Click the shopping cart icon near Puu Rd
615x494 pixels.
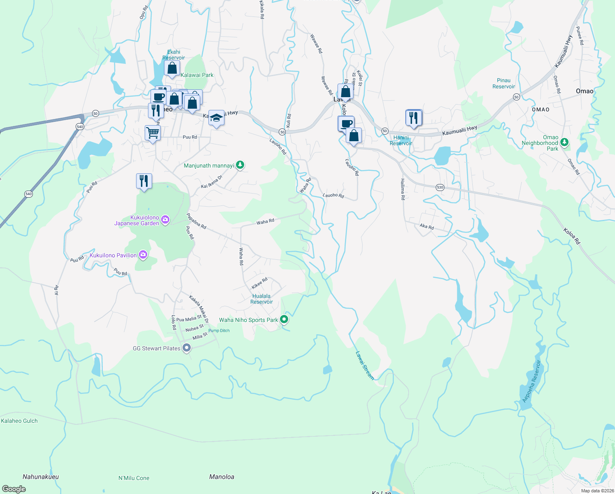coord(153,133)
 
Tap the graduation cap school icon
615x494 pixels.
coord(216,118)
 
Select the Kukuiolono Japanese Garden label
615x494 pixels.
coord(137,220)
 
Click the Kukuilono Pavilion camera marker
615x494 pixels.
coord(143,255)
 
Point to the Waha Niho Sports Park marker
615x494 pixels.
coord(284,319)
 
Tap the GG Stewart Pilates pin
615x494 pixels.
coord(187,348)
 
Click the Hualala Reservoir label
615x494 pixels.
coord(261,299)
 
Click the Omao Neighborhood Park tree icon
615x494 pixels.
coord(564,142)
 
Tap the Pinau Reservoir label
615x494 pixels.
coord(504,84)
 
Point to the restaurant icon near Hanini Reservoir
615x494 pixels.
coord(414,118)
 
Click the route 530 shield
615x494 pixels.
coord(440,187)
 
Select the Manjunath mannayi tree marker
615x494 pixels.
coord(240,165)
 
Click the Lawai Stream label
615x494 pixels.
coord(365,365)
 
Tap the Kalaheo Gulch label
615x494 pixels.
coord(19,421)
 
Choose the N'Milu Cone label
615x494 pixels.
coord(134,478)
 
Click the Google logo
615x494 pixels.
coord(14,489)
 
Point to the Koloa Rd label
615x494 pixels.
coord(571,236)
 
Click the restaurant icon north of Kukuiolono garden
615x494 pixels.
coord(144,181)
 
